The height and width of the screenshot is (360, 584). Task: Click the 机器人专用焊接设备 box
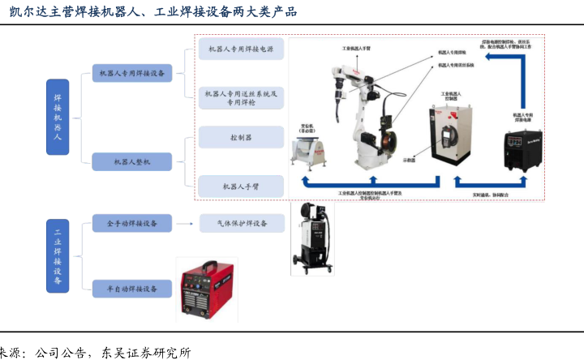[132, 73]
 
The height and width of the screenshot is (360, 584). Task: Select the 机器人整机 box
[132, 161]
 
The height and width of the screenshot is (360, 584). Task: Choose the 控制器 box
[241, 138]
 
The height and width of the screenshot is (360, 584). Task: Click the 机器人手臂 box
[241, 186]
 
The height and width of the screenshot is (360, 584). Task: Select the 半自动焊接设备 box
[132, 286]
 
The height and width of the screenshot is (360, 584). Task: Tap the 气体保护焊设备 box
[241, 223]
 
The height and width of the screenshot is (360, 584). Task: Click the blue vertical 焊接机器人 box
[57, 118]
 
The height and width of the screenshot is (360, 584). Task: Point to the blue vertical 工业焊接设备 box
[57, 255]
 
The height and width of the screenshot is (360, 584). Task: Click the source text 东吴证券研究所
[145, 352]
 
